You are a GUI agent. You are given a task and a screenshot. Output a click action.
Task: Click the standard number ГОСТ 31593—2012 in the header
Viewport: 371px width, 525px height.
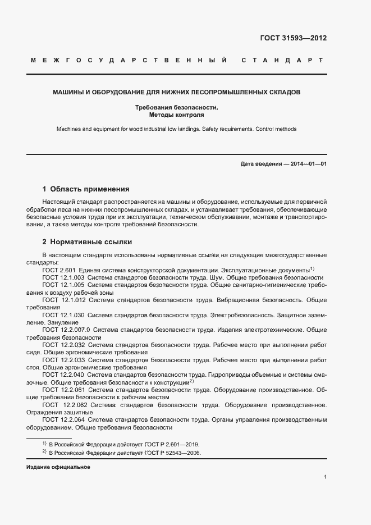coord(293,38)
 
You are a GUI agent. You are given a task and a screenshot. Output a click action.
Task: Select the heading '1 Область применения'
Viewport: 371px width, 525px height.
coord(86,189)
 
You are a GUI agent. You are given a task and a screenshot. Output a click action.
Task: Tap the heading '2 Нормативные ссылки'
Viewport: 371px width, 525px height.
coord(87,242)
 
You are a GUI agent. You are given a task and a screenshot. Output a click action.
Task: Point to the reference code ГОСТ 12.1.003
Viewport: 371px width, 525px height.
coord(63,277)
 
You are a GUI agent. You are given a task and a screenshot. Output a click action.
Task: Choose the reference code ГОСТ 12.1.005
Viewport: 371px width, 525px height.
coord(63,285)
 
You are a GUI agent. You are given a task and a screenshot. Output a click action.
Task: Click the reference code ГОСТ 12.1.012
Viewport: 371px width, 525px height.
coord(63,300)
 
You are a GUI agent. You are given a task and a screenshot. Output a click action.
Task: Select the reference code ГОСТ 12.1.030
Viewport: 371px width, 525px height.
coord(63,316)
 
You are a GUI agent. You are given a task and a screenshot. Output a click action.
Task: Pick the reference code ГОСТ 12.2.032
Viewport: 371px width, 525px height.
coord(63,345)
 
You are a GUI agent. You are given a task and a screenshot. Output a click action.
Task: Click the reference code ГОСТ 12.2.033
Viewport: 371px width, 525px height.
coord(63,360)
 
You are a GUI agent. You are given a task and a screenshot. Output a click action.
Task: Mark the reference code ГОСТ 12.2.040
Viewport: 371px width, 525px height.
coord(63,375)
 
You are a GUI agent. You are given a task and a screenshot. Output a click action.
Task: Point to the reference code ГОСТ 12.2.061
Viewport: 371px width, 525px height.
coord(63,389)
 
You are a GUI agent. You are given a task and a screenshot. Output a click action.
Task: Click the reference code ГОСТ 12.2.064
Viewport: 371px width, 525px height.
coord(63,419)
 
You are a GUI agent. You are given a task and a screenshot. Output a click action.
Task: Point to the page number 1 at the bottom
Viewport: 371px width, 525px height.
coord(326,477)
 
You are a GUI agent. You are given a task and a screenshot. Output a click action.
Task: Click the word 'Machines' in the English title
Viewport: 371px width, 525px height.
coord(68,129)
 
